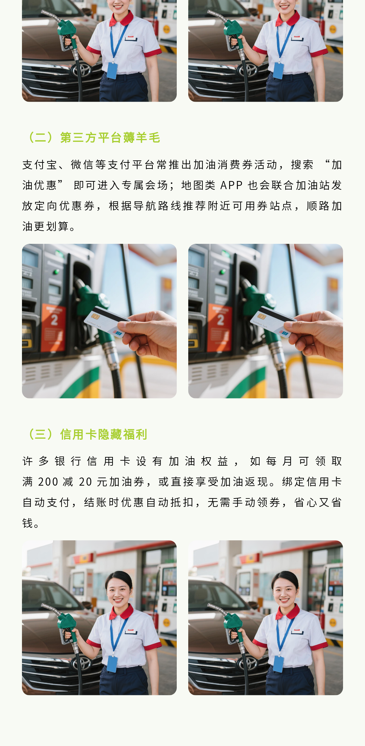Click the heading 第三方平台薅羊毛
tap(110, 138)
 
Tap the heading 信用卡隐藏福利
tap(103, 434)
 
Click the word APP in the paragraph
tap(232, 185)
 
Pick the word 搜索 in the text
tap(302, 165)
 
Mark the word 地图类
tap(198, 185)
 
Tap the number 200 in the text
tap(48, 482)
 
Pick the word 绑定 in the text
tap(294, 482)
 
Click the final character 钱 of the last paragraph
tap(28, 523)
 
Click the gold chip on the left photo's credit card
tap(95, 317)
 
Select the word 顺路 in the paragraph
tap(319, 206)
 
